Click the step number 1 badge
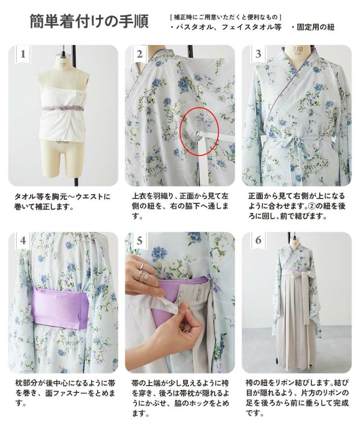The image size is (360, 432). point(23,54)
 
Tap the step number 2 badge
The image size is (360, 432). point(139,54)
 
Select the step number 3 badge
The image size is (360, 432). point(258,54)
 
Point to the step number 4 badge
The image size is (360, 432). point(23,240)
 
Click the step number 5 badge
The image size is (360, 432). point(139,240)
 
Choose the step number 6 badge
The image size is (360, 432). point(258,240)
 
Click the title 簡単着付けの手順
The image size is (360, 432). point(89,22)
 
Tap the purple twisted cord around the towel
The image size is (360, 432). point(64,109)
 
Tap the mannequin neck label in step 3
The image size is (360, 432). point(297,51)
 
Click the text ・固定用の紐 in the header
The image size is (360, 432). point(313,27)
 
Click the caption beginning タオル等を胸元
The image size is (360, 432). point(62,202)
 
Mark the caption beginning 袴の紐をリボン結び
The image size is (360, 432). point(297,397)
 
